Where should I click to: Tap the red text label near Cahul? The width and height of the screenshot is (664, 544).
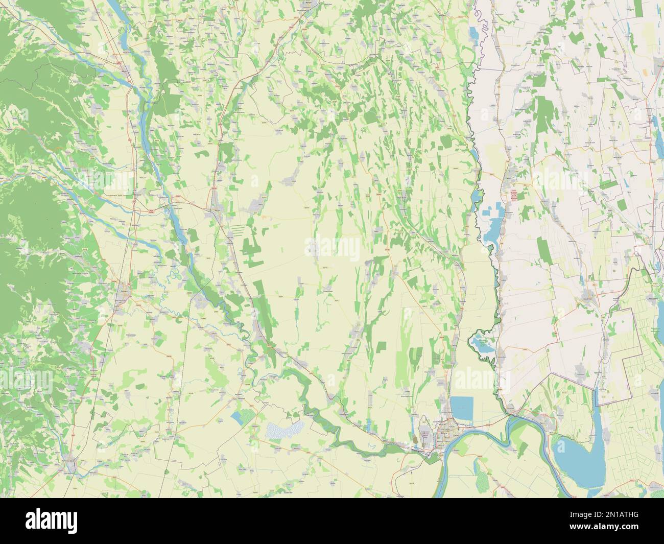[x=512, y=194]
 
